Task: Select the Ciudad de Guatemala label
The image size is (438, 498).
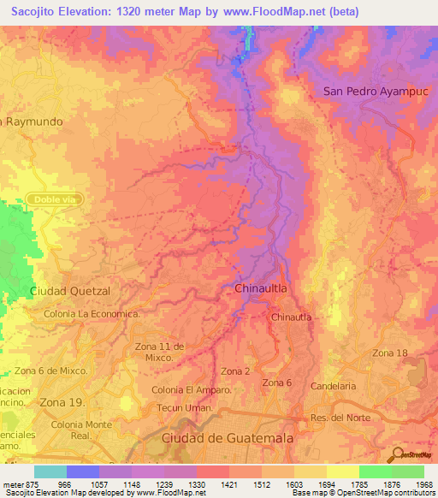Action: (227, 437)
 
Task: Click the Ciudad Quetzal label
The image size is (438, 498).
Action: (71, 291)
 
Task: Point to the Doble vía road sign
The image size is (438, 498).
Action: (53, 199)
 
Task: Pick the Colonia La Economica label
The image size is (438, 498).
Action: (92, 314)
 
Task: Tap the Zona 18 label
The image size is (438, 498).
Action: (389, 353)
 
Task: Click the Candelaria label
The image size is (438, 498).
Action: (333, 387)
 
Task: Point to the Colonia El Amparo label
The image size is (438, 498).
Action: (192, 390)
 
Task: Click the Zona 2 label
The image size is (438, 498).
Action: (235, 371)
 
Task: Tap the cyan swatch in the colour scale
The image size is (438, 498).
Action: (50, 471)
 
